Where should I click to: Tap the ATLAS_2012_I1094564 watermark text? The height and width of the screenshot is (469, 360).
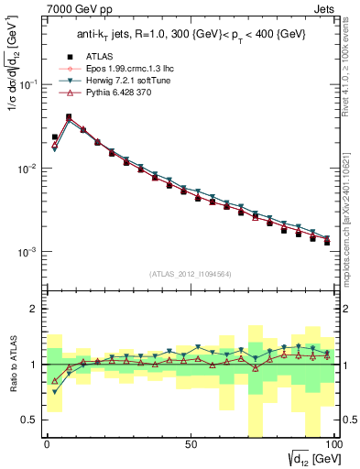tap(190, 273)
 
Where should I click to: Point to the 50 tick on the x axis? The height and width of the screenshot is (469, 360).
tap(190, 442)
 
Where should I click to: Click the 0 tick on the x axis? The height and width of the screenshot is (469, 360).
tap(47, 442)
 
